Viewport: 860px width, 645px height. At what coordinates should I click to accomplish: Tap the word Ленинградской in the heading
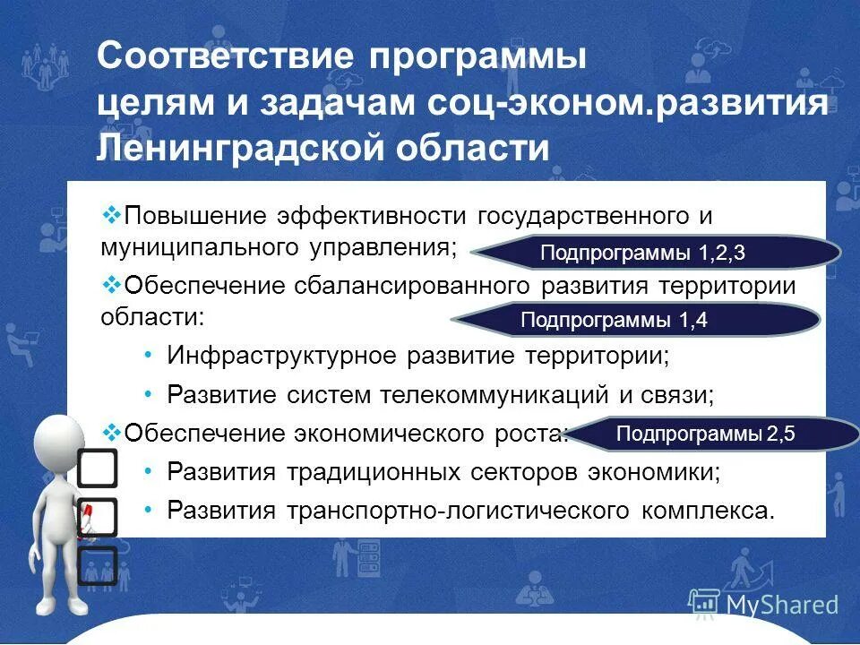[216, 146]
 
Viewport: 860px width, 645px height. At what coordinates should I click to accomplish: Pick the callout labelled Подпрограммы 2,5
[706, 435]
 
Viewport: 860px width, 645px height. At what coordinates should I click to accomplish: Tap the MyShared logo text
[782, 605]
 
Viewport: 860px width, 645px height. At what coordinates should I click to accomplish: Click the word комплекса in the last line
[701, 511]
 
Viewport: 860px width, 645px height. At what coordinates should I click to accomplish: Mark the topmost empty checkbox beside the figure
[98, 468]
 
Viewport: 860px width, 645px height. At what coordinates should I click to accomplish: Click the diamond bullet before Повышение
[112, 215]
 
